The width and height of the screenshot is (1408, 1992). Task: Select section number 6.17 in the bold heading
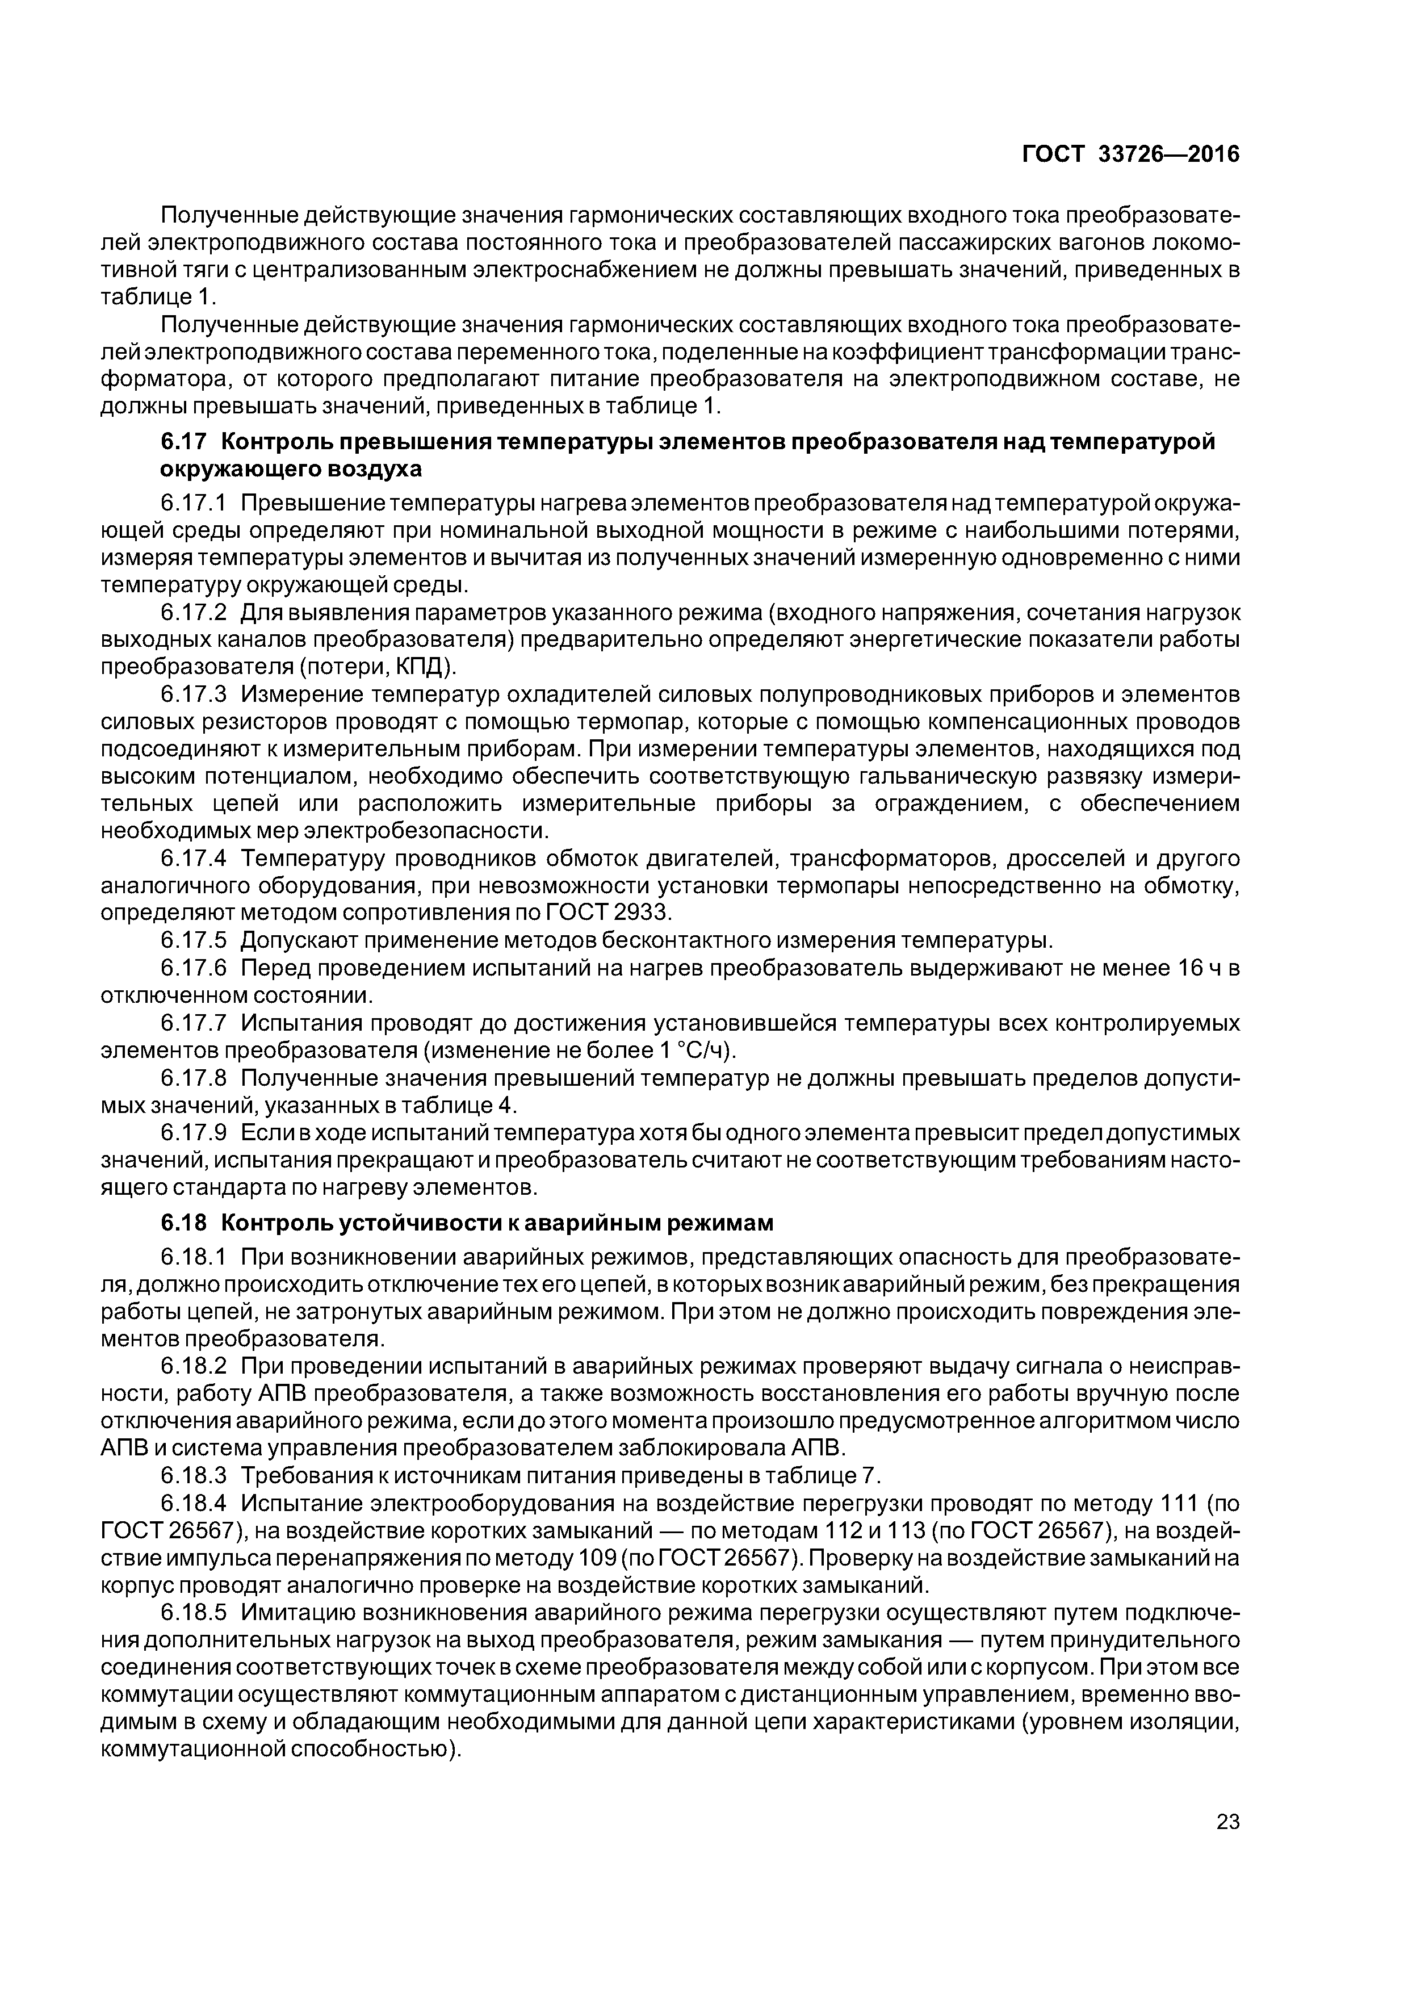183,442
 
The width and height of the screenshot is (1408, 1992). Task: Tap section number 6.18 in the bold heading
183,1223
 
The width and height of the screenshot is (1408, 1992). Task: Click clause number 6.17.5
194,940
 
